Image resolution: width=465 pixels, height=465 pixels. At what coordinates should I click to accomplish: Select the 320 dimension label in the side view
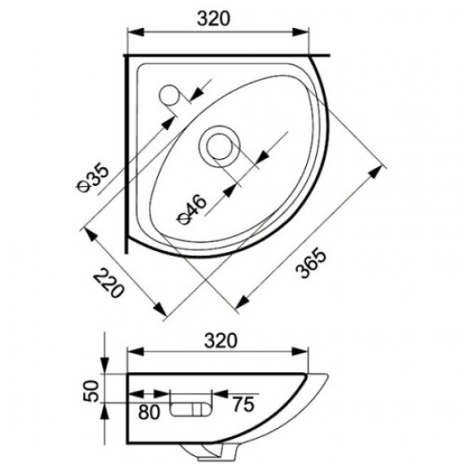(x=219, y=340)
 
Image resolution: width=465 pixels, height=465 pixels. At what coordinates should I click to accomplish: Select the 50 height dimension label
(x=93, y=391)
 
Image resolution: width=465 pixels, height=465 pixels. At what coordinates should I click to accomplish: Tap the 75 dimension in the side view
(x=242, y=403)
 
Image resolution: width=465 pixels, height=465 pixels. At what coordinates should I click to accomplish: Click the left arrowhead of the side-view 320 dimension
(x=133, y=353)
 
